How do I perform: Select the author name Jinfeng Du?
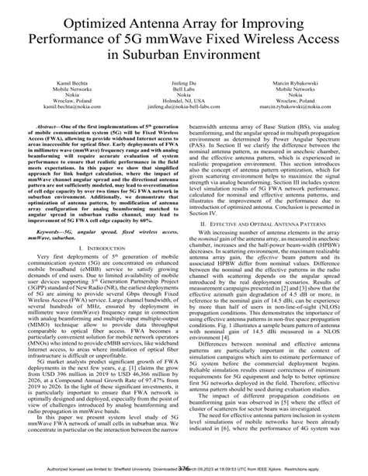pyautogui.click(x=185, y=81)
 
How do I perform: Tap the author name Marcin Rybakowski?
pyautogui.click(x=297, y=81)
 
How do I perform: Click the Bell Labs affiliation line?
pyautogui.click(x=185, y=88)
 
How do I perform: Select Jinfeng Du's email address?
pyautogui.click(x=185, y=109)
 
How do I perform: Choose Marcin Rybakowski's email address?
pyautogui.click(x=297, y=109)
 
